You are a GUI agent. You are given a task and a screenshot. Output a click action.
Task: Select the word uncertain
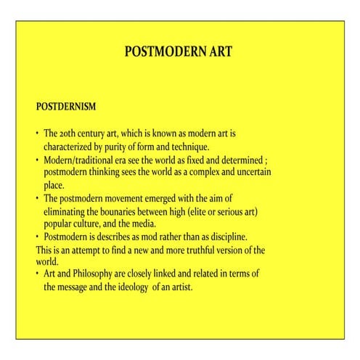[x=253, y=172]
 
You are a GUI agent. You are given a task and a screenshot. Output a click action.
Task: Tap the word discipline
[x=226, y=237]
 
